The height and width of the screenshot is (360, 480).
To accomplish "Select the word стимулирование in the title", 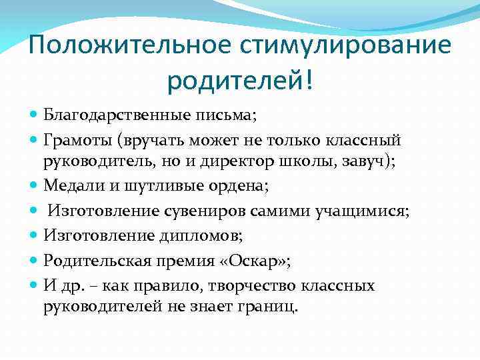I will pos(347,47).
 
